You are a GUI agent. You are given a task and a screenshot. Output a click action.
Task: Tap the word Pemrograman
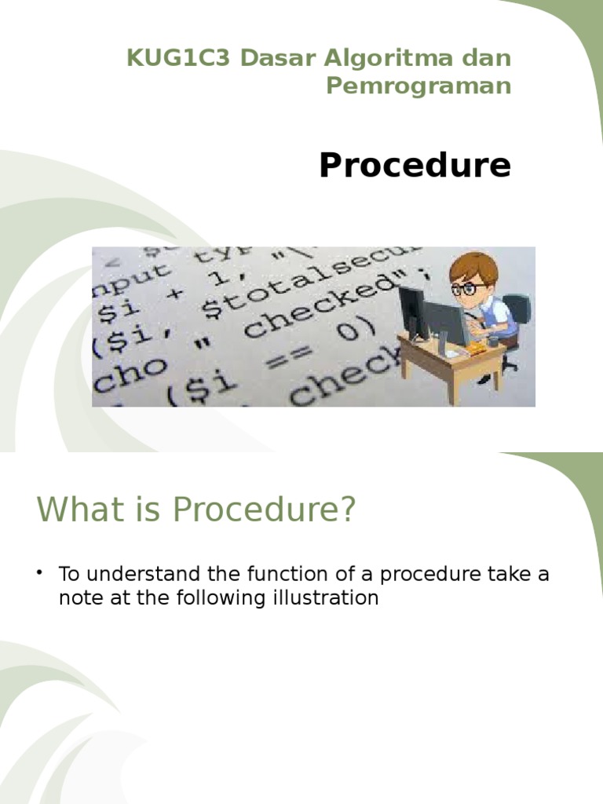[418, 86]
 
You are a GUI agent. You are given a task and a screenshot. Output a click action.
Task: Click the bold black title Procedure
[415, 166]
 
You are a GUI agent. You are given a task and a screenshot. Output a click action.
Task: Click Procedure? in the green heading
[265, 510]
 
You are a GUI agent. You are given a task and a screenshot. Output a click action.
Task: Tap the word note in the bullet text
[79, 598]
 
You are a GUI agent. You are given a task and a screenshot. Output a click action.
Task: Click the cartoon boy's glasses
[470, 288]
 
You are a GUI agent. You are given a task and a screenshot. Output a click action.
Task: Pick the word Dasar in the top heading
[276, 59]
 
